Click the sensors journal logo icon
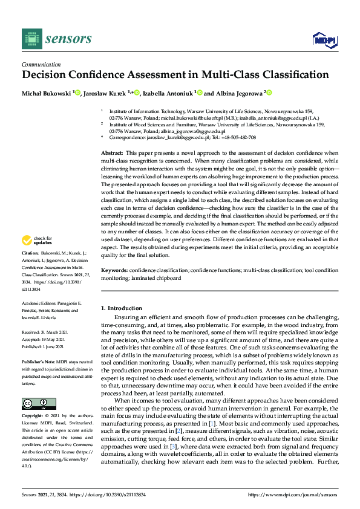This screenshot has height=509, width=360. [30, 39]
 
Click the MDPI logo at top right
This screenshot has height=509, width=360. [325, 40]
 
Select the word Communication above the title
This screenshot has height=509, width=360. [41, 65]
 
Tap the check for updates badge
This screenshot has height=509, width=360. [38, 241]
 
